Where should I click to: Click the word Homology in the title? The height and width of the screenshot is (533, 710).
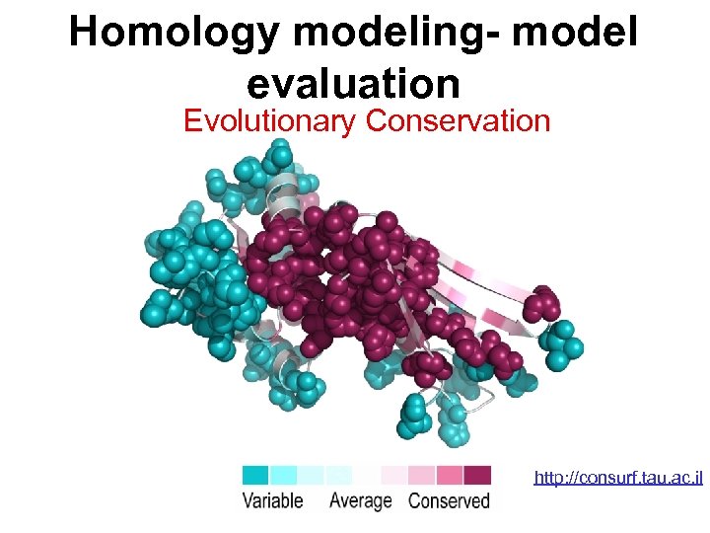pos(175,33)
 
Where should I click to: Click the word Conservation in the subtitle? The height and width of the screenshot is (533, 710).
pos(459,120)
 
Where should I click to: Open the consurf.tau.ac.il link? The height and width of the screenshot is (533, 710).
pos(617,478)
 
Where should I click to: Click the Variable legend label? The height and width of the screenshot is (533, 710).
pos(273,500)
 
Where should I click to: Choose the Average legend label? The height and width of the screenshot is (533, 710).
pos(360,500)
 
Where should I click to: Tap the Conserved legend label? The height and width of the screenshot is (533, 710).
pos(449,500)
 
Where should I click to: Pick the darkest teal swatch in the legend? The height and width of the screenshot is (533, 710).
pos(255,475)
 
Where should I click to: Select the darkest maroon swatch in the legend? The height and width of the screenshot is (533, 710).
pos(478,475)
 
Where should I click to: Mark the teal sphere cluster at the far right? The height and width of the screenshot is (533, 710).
pos(564,343)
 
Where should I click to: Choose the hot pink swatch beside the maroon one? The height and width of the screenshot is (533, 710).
pos(451,475)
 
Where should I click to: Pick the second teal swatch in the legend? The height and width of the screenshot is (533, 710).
pos(283,475)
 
